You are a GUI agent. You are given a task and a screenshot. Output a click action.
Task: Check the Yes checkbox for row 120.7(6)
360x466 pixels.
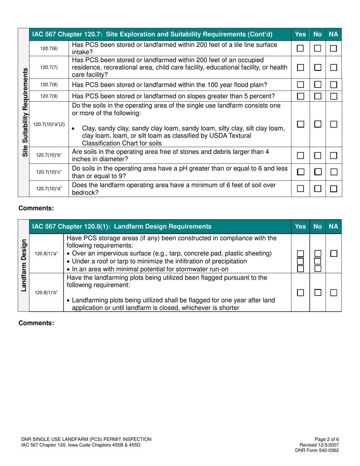point(300,48)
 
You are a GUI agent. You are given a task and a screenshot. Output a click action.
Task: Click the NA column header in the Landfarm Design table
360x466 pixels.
point(333,227)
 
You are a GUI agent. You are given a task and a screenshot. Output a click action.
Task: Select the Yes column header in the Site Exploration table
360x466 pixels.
point(300,34)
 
